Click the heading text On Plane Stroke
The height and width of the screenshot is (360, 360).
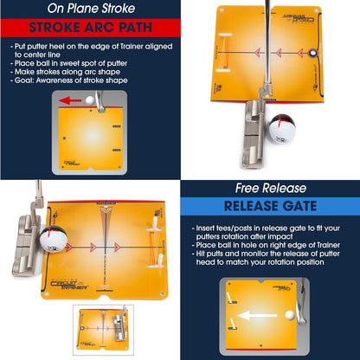pyautogui.click(x=89, y=10)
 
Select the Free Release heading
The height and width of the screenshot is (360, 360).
pyautogui.click(x=269, y=188)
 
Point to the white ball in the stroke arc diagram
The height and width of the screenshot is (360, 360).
pyautogui.click(x=102, y=100)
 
